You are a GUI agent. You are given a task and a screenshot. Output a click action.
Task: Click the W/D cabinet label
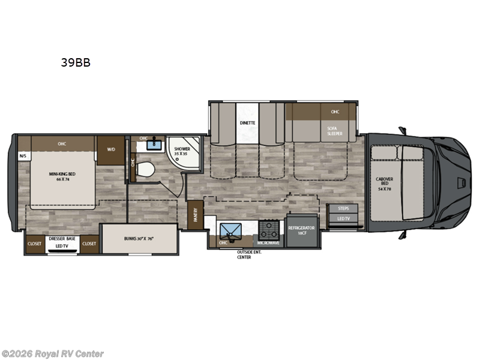pos(111,149)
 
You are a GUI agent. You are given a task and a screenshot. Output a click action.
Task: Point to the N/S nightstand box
pos(23,157)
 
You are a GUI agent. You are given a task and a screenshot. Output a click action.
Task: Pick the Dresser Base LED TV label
pos(61,242)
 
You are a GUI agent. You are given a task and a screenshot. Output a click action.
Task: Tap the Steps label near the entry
pos(343,209)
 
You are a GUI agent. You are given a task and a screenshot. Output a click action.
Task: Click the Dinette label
pos(248,123)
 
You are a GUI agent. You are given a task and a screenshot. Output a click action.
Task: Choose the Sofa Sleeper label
pos(334,131)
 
